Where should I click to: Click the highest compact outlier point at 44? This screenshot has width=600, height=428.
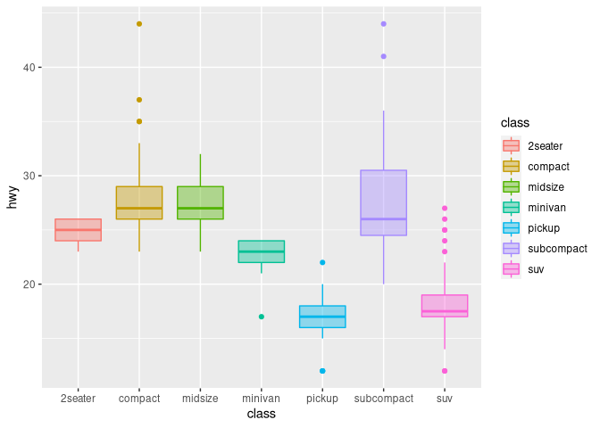coord(139,24)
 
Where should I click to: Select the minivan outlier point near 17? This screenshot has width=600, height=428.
coord(262,317)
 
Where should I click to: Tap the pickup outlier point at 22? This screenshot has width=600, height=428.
coord(322,262)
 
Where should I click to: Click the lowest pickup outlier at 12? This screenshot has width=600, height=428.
coord(322,371)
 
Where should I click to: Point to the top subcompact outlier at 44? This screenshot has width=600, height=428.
coord(384,24)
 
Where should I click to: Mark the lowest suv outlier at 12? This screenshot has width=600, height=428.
coord(445,371)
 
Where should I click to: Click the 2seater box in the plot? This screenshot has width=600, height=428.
coord(79,230)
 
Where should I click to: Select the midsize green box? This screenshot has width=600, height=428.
coord(200,202)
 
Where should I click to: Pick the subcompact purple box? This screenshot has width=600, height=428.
coord(384,202)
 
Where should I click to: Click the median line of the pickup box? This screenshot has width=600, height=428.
coord(322,317)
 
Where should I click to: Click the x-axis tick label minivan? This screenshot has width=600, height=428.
coord(262,399)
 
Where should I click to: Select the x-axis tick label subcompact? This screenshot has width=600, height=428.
coord(384,399)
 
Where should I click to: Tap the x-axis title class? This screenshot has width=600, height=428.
coord(262,414)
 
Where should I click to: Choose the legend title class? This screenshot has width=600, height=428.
coord(516,122)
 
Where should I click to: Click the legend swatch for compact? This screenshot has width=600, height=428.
coord(512,166)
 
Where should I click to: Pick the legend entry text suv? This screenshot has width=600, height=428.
coord(537,268)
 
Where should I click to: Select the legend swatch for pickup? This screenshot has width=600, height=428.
coord(512,227)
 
